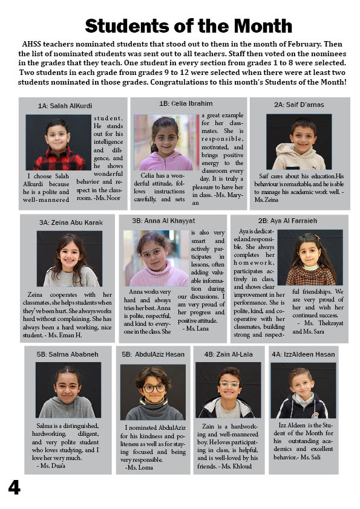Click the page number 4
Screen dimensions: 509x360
pos(14,487)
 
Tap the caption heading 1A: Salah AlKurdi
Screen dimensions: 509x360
pos(65,105)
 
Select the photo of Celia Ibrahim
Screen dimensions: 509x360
pos(165,142)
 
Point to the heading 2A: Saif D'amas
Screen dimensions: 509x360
pos(298,105)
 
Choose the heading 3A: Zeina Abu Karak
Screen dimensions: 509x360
pos(71,222)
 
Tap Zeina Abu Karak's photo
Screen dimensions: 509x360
pos(69,259)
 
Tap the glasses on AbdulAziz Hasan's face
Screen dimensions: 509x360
pos(153,388)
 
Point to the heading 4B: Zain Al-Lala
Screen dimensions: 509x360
pos(228,354)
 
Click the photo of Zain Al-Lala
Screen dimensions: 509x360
pos(227,390)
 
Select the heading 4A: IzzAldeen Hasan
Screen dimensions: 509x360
pos(303,354)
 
